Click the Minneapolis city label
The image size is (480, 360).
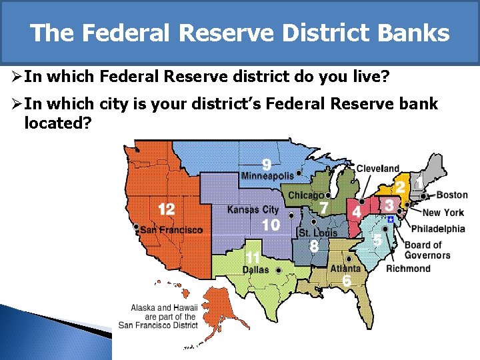[267, 176]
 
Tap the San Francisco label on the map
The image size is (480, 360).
[171, 230]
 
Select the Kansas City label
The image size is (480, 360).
[253, 210]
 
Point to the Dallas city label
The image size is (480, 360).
[255, 270]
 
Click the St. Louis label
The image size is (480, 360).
[318, 233]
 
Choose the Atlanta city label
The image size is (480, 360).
[345, 269]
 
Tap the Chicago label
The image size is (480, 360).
[306, 195]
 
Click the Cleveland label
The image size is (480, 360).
[378, 169]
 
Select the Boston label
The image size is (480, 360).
[452, 195]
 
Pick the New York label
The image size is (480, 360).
[443, 213]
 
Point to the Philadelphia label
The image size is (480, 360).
[438, 229]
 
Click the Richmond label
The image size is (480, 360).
[409, 269]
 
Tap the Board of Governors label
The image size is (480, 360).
[427, 250]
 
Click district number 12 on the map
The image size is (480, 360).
[166, 210]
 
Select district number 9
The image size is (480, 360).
[266, 163]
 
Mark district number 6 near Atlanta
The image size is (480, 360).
[347, 281]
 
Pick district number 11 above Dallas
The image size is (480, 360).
[253, 257]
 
